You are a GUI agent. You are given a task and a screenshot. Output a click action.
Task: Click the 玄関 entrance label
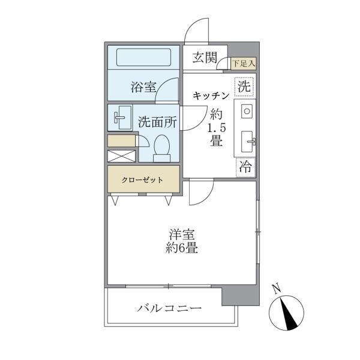click(x=205, y=58)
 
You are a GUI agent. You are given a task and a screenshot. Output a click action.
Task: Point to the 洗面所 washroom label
click(x=157, y=121)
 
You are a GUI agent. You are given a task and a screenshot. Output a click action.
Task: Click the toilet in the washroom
click(x=161, y=148)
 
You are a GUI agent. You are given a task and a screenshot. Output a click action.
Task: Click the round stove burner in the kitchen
click(x=247, y=111)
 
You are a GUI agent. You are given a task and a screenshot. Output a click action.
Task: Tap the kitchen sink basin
click(x=248, y=141)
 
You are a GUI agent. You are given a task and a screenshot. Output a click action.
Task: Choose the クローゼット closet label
click(x=143, y=179)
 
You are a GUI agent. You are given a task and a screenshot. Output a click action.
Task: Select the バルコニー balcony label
click(x=169, y=308)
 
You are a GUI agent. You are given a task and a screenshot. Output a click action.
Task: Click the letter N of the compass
click(x=276, y=289)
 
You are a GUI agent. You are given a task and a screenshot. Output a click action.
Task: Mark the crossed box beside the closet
click(x=122, y=155)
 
